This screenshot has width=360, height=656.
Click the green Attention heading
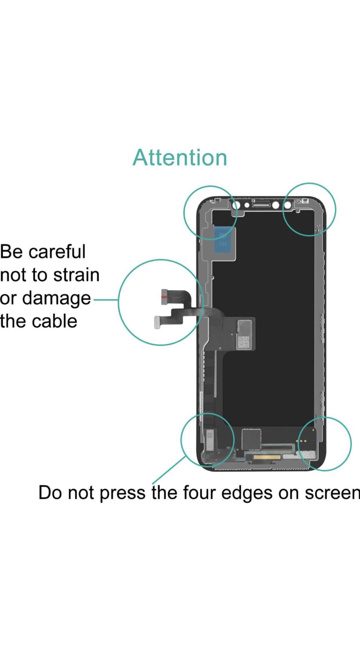[180, 158]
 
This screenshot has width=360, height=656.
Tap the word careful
[57, 252]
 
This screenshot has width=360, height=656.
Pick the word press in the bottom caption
[122, 493]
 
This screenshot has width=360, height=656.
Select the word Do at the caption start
[49, 493]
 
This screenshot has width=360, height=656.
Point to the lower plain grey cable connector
[158, 322]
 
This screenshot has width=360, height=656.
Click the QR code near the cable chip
[244, 342]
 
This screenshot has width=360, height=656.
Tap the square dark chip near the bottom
[251, 439]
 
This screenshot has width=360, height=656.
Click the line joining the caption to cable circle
[106, 300]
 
